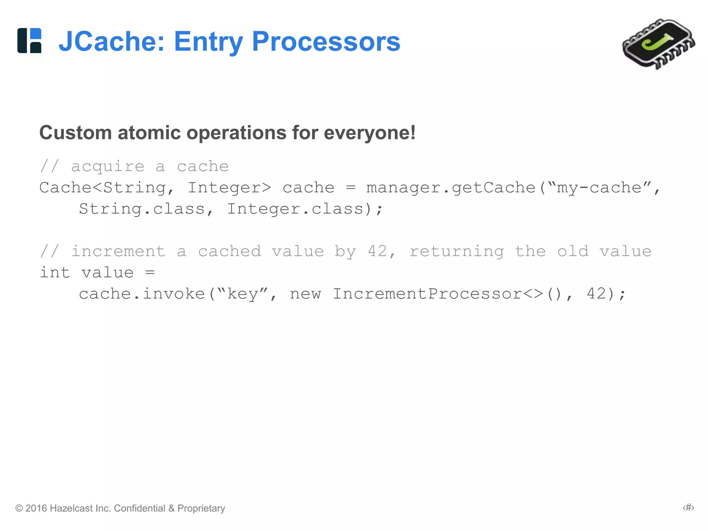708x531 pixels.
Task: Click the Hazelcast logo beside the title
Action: coord(29,40)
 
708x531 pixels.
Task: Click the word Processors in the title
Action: coord(326,41)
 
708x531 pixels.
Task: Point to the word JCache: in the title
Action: coord(111,41)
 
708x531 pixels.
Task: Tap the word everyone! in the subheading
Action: coord(370,133)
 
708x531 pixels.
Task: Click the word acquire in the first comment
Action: coord(108,167)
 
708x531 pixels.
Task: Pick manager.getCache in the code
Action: coord(450,188)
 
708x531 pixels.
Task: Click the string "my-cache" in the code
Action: coord(599,188)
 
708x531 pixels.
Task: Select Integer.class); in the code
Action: coord(305,209)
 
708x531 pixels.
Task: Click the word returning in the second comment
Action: coord(456,252)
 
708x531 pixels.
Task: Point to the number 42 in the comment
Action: coord(377,251)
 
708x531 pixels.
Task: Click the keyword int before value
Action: coord(55,273)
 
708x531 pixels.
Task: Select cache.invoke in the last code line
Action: coord(142,294)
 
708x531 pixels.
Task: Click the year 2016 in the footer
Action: coord(36,508)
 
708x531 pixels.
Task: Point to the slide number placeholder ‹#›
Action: coord(688,507)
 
